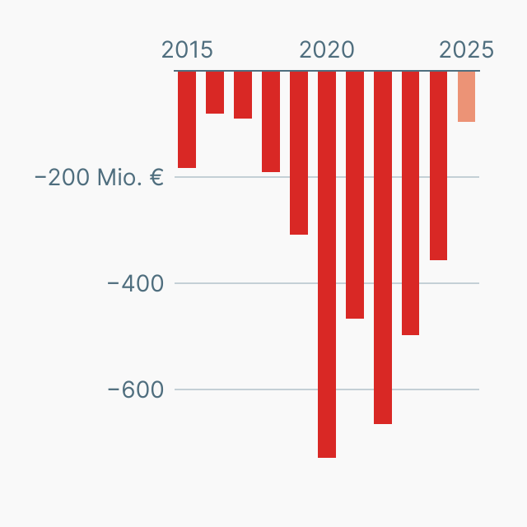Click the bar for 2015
(x=187, y=119)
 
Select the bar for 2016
(x=215, y=92)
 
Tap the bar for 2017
(x=243, y=95)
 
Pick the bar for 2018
(x=271, y=122)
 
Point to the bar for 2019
(x=299, y=153)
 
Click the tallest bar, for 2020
(x=327, y=263)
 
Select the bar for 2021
(x=355, y=194)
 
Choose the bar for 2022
(x=383, y=247)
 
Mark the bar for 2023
(x=411, y=203)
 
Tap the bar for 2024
(x=439, y=166)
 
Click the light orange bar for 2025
(x=467, y=96)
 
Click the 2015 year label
(x=187, y=49)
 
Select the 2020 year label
(x=327, y=49)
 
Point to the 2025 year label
(x=467, y=49)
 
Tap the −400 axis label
(x=136, y=283)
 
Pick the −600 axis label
(x=136, y=389)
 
